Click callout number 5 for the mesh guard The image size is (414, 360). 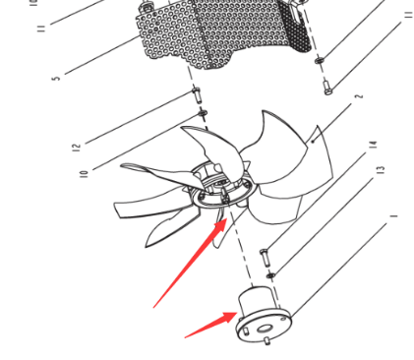click(x=57, y=78)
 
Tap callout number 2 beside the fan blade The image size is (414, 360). click(x=359, y=97)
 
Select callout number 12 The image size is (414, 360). click(x=77, y=149)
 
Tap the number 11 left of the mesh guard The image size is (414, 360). click(x=41, y=29)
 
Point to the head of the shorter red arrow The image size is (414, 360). click(x=236, y=315)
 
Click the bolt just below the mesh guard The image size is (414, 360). click(x=196, y=94)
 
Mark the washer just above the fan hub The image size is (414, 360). click(x=203, y=113)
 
